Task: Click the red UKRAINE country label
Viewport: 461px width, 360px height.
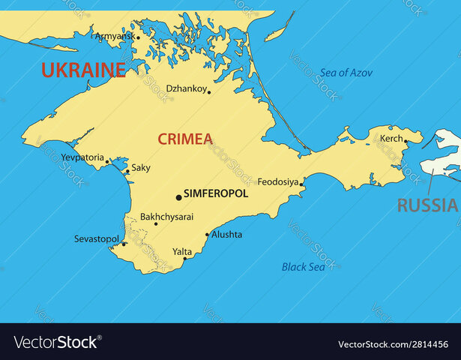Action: (83, 70)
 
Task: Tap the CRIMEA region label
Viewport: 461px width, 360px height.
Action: (185, 139)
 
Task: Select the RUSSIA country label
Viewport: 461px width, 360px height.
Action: (427, 205)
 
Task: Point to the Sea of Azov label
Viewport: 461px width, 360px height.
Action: (346, 73)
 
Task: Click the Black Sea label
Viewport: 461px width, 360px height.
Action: (304, 266)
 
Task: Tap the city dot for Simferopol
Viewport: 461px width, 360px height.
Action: (178, 197)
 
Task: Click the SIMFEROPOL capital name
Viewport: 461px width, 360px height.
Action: (216, 193)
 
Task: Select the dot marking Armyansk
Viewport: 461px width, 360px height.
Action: (138, 37)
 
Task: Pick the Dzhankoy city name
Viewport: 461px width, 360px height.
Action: (186, 88)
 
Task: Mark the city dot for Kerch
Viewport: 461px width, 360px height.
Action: (406, 140)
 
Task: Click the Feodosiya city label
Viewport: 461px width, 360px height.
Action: (278, 181)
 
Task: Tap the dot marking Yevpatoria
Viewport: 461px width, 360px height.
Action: (107, 161)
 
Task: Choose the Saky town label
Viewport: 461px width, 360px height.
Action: (141, 168)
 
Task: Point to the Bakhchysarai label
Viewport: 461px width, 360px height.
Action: (166, 216)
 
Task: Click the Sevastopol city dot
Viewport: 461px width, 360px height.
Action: (124, 243)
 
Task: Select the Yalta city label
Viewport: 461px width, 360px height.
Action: (182, 251)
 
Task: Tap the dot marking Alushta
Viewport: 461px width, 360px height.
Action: (207, 235)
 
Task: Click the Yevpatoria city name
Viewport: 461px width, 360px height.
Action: (83, 157)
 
